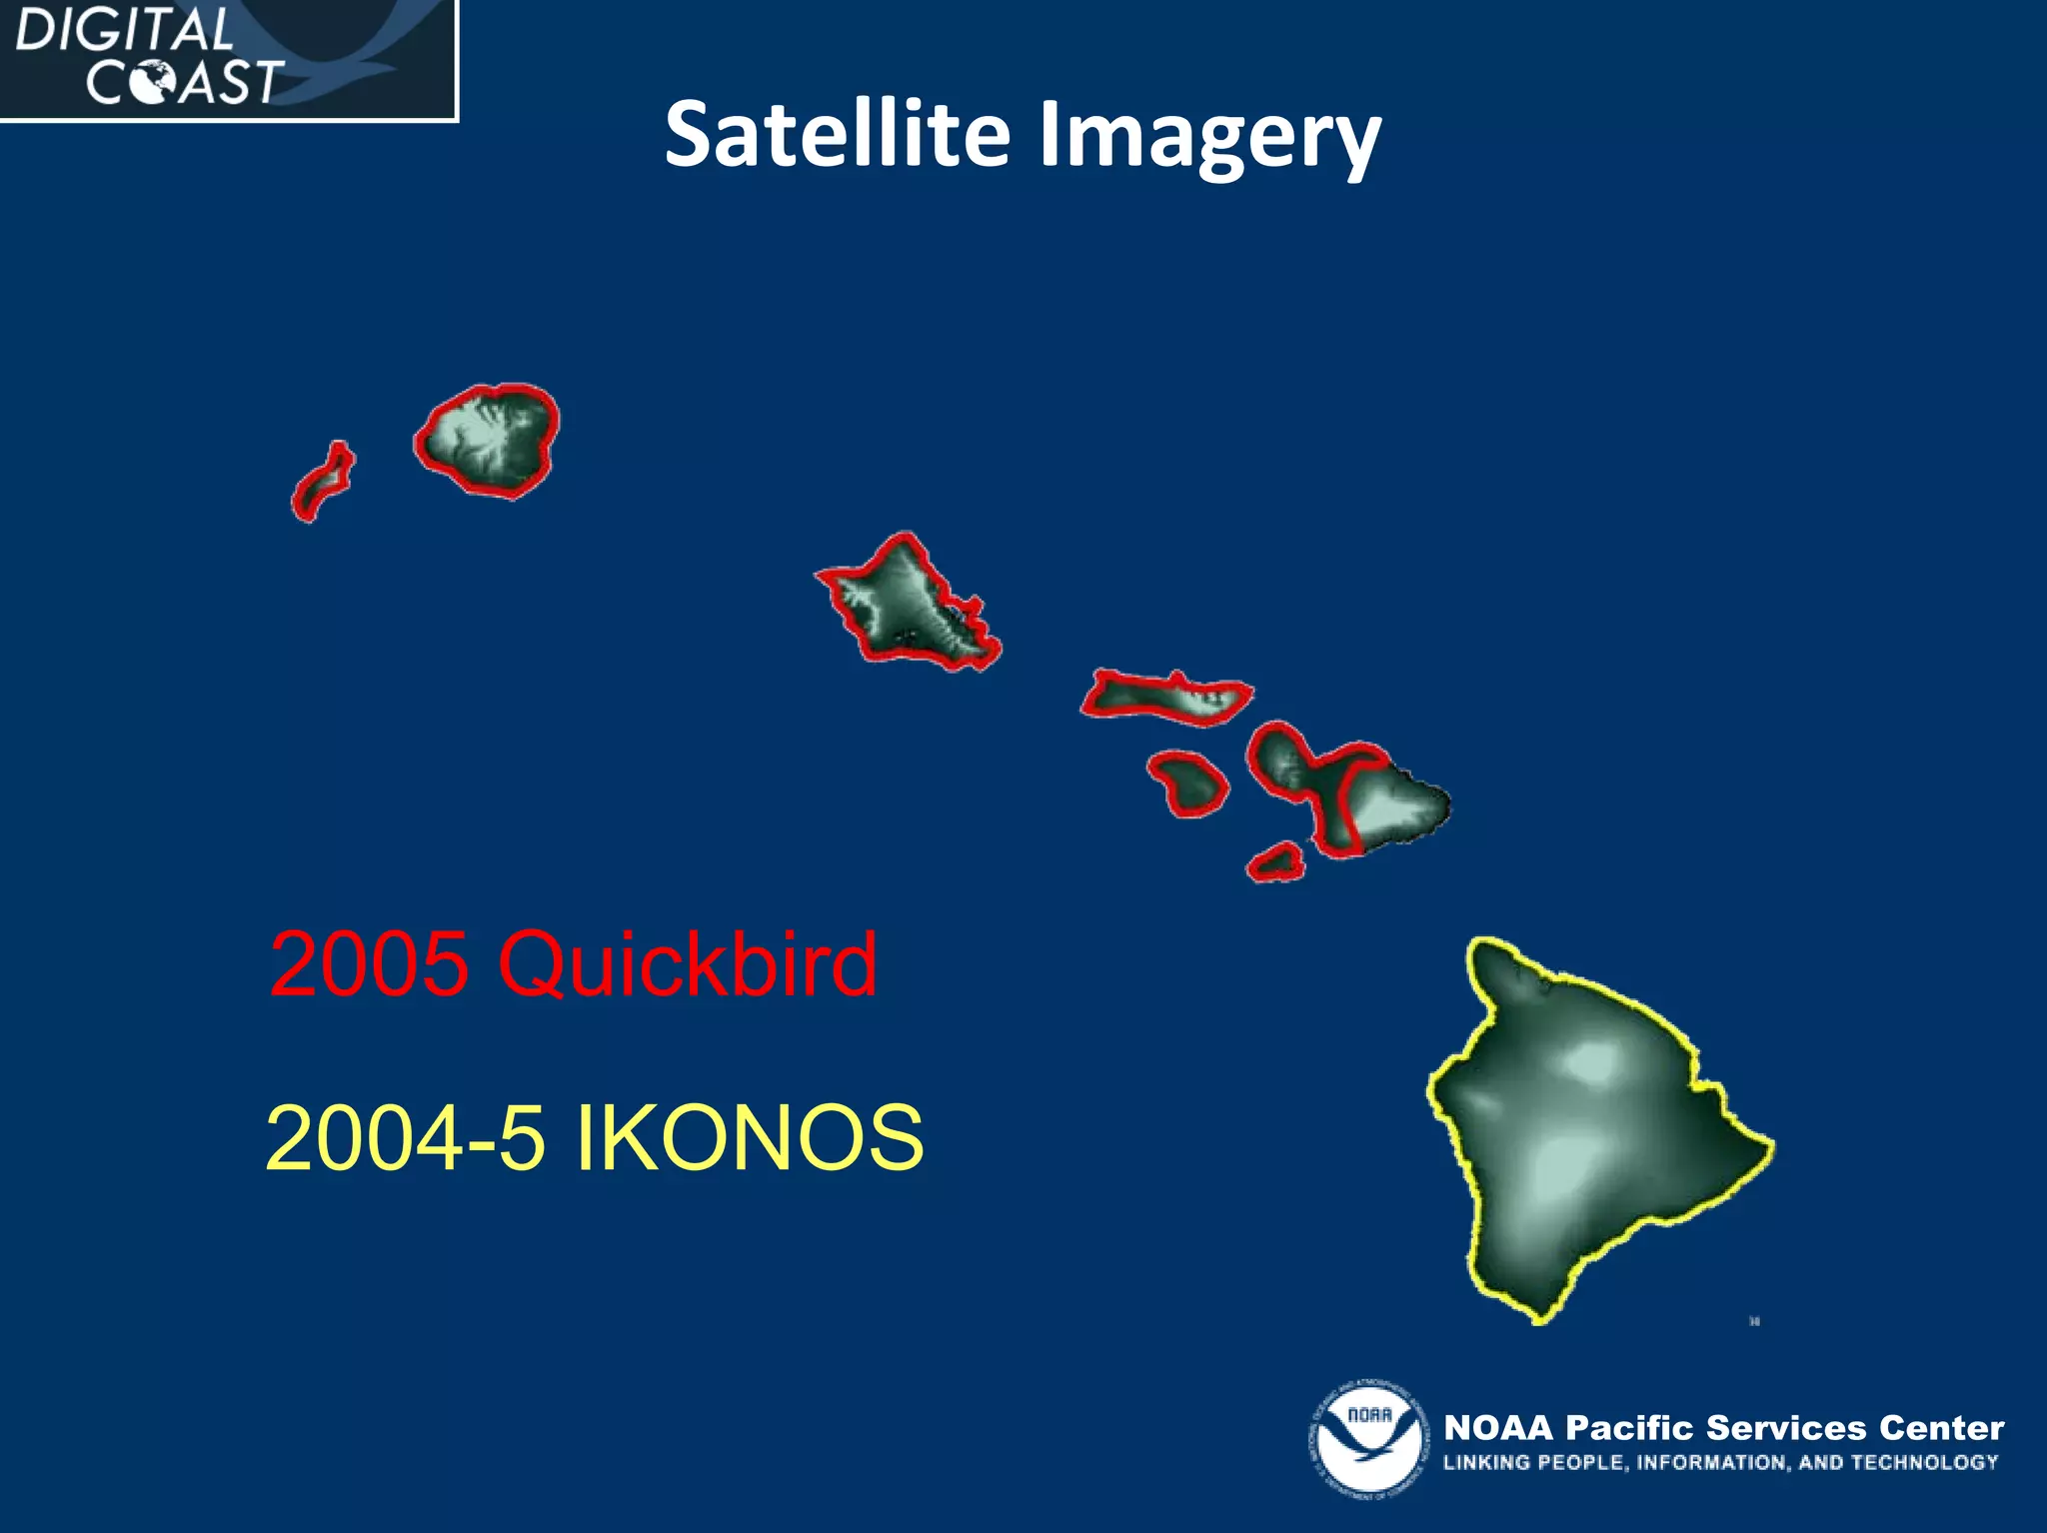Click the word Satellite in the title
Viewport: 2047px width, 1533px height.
tap(838, 134)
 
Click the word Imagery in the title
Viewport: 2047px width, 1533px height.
tap(1209, 136)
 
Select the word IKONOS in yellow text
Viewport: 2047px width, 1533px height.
tap(750, 1138)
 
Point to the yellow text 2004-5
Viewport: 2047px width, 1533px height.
tap(405, 1138)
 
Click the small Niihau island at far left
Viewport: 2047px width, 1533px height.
tap(322, 483)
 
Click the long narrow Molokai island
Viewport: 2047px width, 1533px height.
tap(1164, 697)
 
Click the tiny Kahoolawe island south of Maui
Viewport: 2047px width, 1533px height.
tap(1276, 861)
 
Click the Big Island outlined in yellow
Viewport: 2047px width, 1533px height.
tap(1589, 1129)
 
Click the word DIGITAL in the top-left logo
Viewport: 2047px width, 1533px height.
tap(124, 30)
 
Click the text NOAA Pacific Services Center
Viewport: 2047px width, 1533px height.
tap(1723, 1427)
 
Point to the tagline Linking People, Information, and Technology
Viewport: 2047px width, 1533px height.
tap(1719, 1462)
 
